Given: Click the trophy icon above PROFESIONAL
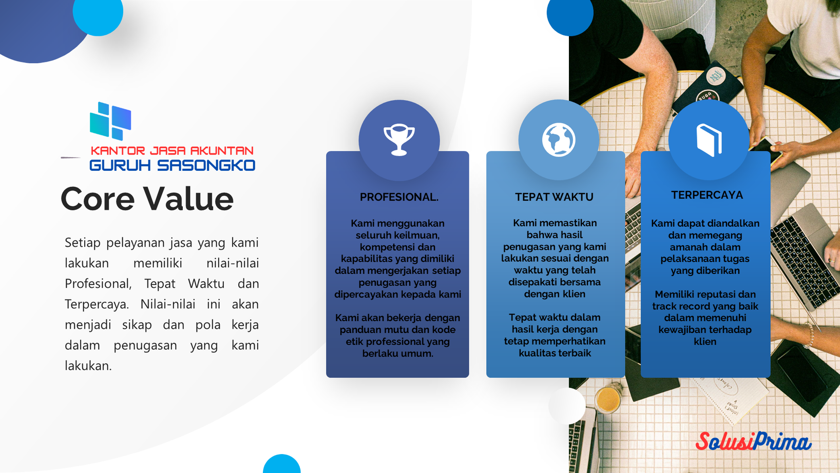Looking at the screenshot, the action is click(399, 140).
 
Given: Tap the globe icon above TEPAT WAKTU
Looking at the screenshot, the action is click(559, 140).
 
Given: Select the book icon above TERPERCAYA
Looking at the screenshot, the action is click(709, 140).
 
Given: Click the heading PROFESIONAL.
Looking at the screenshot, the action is click(399, 197).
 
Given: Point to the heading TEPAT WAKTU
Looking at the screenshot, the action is click(554, 197).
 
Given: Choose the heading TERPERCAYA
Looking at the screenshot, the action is click(707, 195).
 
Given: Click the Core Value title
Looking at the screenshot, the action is click(147, 199).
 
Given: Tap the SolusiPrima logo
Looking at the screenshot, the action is click(753, 442).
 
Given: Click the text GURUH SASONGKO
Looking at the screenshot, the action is click(172, 165).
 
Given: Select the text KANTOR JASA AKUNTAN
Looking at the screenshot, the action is click(172, 151).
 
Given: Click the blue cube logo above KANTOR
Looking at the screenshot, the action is click(110, 121).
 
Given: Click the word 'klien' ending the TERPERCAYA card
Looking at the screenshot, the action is click(705, 342).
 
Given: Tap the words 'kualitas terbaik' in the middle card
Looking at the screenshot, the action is click(555, 353).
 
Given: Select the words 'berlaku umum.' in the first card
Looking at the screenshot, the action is click(398, 353).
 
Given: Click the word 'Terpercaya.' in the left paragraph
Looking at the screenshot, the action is click(97, 304).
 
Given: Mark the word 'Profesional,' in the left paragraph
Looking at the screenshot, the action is click(98, 284).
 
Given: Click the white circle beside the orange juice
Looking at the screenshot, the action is click(567, 406).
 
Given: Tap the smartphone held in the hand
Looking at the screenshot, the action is click(765, 148).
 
